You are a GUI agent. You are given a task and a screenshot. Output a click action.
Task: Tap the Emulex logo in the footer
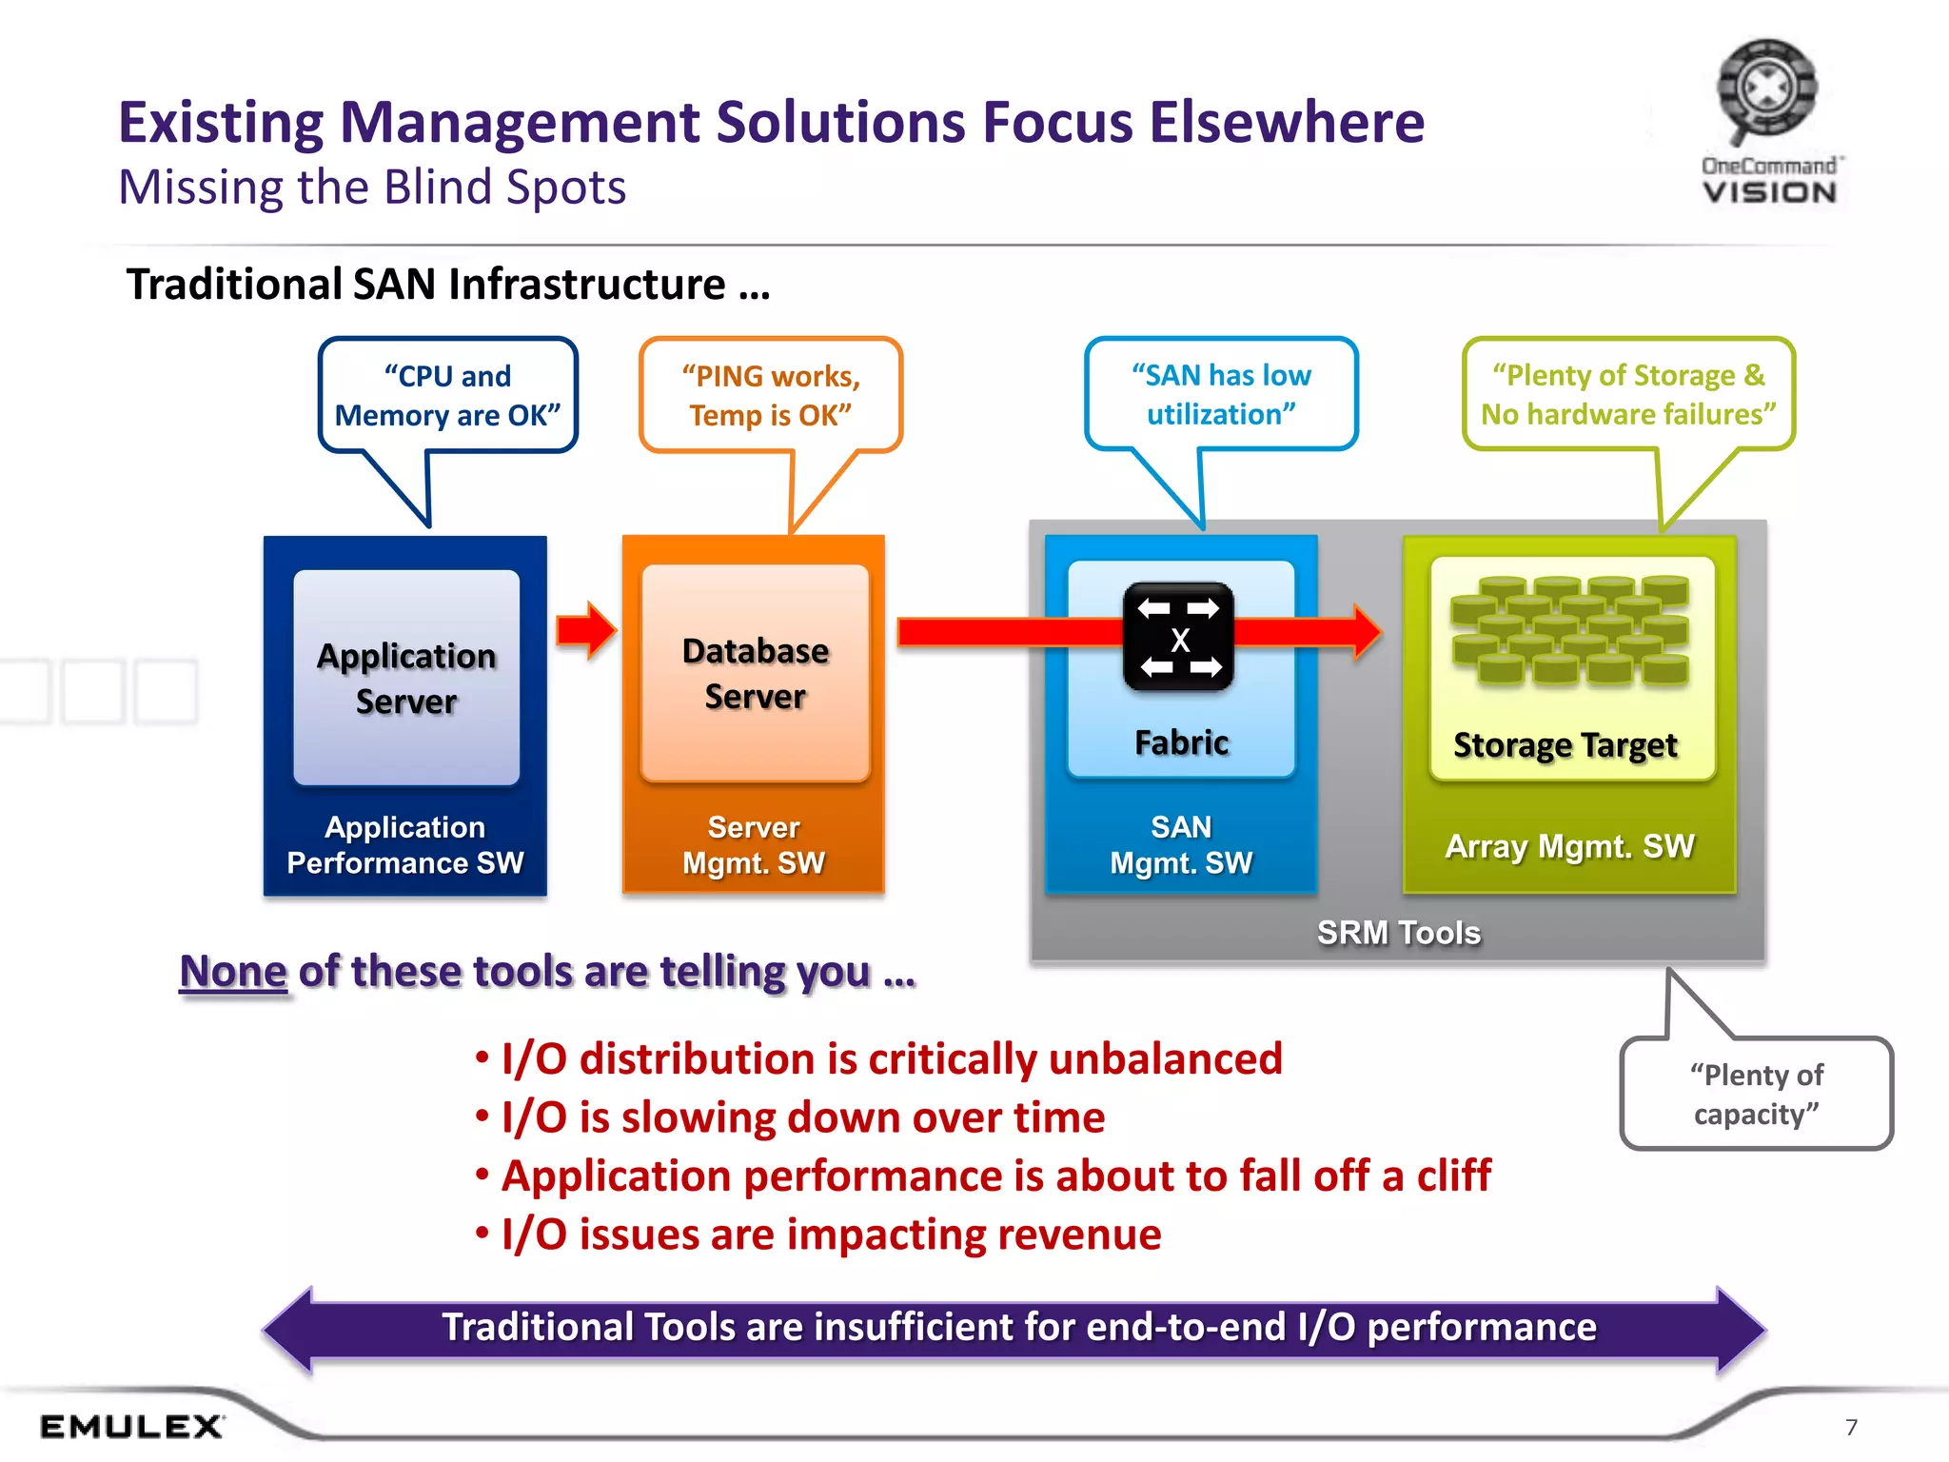pyautogui.click(x=131, y=1426)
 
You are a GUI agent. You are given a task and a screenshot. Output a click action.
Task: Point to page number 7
pyautogui.click(x=1851, y=1427)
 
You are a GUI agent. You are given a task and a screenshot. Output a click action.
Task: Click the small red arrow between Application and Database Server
pyautogui.click(x=586, y=630)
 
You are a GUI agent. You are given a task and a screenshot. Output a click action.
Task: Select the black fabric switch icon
pyautogui.click(x=1178, y=637)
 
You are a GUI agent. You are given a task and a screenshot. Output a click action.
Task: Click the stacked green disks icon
pyautogui.click(x=1570, y=630)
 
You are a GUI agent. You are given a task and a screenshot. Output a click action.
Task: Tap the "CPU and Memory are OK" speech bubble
pyautogui.click(x=447, y=395)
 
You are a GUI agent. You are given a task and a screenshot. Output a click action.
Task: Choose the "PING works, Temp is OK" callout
pyautogui.click(x=771, y=395)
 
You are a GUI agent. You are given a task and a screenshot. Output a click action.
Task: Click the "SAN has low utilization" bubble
pyautogui.click(x=1221, y=394)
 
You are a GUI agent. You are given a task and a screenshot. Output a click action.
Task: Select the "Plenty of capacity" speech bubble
pyautogui.click(x=1756, y=1094)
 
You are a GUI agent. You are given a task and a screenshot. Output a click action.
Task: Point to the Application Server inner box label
pyautogui.click(x=406, y=678)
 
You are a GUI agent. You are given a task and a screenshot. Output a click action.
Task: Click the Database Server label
pyautogui.click(x=756, y=673)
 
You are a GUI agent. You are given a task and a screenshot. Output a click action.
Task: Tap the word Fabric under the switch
pyautogui.click(x=1181, y=742)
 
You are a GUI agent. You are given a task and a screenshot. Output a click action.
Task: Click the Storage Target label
pyautogui.click(x=1565, y=745)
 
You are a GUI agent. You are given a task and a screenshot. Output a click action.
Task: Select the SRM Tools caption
pyautogui.click(x=1398, y=932)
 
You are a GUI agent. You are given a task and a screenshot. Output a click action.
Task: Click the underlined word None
pyautogui.click(x=233, y=972)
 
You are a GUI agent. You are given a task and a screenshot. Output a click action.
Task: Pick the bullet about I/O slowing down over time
pyautogui.click(x=802, y=1117)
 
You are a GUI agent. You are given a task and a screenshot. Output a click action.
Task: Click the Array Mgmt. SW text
pyautogui.click(x=1569, y=846)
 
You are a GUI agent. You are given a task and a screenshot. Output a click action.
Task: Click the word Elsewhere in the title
pyautogui.click(x=1287, y=123)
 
